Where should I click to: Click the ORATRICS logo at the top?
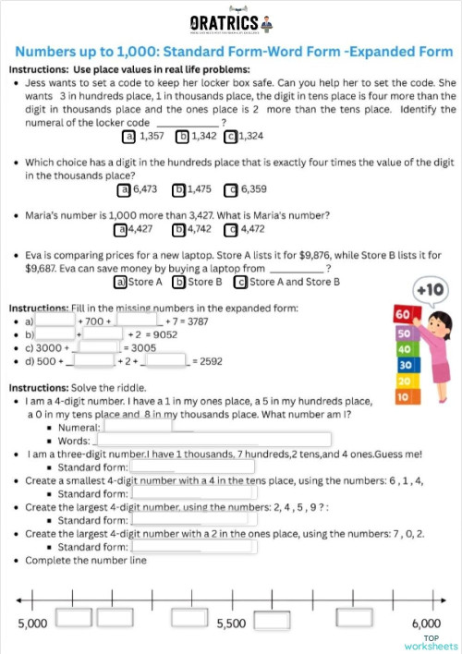[231, 23]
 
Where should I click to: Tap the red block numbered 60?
[402, 314]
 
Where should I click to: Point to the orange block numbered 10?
[402, 397]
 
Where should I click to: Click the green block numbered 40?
[402, 350]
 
